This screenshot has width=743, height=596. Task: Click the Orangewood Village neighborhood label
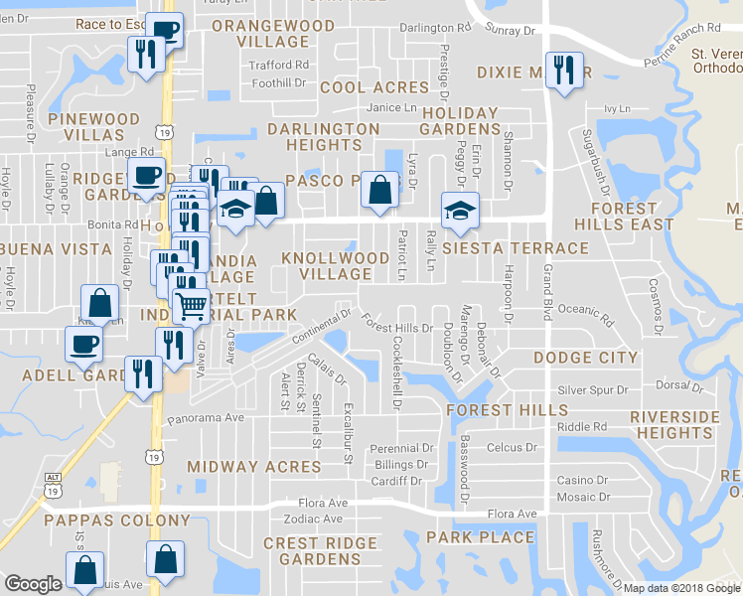tap(261, 33)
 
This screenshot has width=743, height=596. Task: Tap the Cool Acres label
tap(373, 87)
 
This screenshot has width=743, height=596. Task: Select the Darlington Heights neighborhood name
tap(323, 137)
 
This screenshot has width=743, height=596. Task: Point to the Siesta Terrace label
tap(516, 247)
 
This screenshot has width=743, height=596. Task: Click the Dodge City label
tap(585, 358)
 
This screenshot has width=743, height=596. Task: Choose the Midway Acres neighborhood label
tap(254, 466)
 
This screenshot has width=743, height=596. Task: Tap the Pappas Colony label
tap(116, 521)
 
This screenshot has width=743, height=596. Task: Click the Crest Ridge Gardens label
tap(320, 551)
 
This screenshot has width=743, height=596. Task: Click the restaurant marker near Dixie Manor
tap(563, 70)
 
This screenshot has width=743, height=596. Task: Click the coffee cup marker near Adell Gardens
tap(83, 344)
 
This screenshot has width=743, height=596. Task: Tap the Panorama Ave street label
tap(206, 418)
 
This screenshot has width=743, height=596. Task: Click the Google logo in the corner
tap(33, 584)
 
